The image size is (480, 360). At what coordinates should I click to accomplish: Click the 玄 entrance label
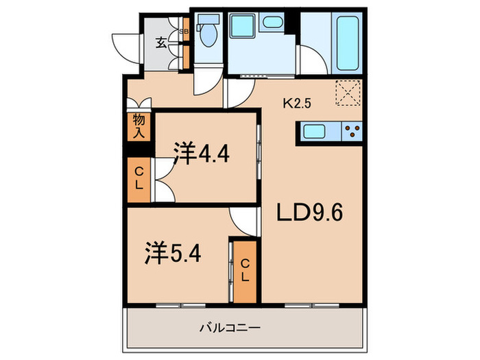(x=160, y=43)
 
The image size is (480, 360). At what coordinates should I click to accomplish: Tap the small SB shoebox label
(x=183, y=32)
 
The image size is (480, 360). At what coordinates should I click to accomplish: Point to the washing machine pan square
(x=241, y=28)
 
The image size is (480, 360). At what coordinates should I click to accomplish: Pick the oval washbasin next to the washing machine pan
(x=273, y=23)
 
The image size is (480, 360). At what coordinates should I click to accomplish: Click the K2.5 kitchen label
(x=298, y=105)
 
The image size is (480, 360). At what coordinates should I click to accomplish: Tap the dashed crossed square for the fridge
(x=347, y=93)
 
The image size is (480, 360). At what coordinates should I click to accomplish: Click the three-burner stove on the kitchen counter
(x=352, y=131)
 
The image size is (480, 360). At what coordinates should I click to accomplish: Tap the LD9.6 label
(x=309, y=213)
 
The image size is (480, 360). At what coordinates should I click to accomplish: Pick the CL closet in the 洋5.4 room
(x=245, y=271)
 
